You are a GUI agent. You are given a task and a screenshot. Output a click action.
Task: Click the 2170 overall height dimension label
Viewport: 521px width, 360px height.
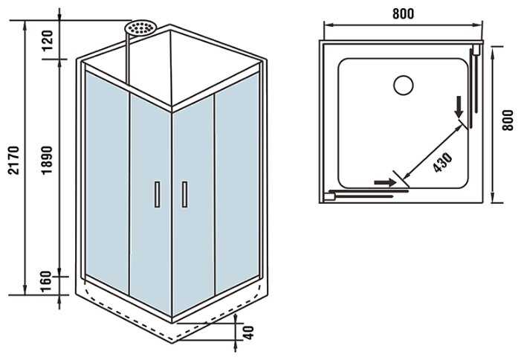tap(14, 160)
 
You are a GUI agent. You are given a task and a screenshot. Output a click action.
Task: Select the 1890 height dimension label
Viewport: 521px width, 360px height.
tap(47, 160)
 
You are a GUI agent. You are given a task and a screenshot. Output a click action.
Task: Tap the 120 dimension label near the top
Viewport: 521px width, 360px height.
tap(48, 40)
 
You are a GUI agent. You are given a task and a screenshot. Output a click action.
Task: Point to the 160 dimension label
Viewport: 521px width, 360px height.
tap(46, 282)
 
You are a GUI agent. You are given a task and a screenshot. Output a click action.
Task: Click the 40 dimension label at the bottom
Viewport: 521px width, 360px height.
tap(248, 332)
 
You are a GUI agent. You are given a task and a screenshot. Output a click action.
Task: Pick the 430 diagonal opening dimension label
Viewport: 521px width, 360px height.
tap(443, 162)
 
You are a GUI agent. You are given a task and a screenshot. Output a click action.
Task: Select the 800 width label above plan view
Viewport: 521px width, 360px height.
tap(403, 13)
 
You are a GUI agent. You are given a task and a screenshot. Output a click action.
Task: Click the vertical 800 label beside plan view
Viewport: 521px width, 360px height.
tap(508, 120)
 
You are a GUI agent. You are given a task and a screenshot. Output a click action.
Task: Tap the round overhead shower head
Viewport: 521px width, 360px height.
tap(140, 28)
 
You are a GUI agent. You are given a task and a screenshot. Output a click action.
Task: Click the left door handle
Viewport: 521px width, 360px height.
tap(157, 194)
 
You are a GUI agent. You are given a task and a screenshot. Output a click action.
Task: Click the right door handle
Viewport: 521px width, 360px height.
tap(184, 194)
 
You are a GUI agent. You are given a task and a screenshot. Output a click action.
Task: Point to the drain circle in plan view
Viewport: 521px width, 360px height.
tap(404, 85)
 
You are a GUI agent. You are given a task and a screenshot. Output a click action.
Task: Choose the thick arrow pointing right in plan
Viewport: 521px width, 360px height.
tap(385, 182)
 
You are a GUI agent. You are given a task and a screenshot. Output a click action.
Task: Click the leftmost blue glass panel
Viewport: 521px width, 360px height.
tap(107, 182)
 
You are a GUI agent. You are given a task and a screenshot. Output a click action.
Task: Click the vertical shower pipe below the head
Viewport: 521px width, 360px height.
tap(127, 60)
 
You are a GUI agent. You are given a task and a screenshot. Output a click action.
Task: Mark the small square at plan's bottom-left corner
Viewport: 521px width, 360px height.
tap(329, 197)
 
